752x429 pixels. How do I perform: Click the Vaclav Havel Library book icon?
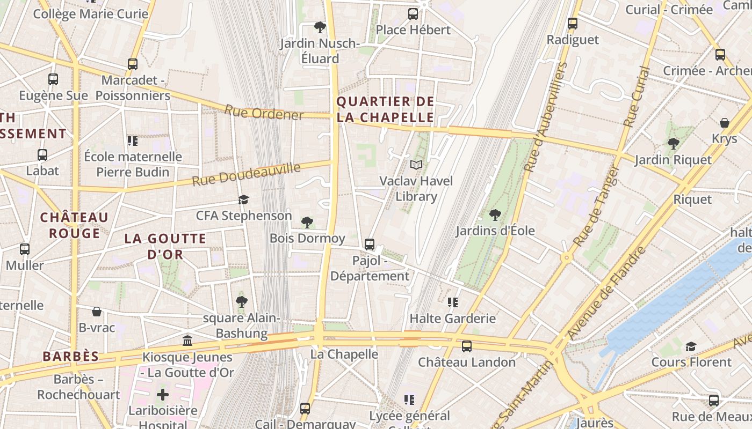pyautogui.click(x=416, y=165)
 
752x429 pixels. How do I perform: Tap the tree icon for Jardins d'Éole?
pyautogui.click(x=495, y=215)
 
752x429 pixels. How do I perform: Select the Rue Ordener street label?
pyautogui.click(x=264, y=113)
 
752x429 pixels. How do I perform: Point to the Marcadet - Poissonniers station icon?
pyautogui.click(x=133, y=64)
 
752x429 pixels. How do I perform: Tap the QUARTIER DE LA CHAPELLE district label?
pyautogui.click(x=385, y=109)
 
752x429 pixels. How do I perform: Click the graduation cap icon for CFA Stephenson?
pyautogui.click(x=244, y=199)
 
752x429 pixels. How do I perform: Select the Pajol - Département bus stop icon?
pyautogui.click(x=370, y=245)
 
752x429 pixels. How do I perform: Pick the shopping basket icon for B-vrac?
pyautogui.click(x=97, y=312)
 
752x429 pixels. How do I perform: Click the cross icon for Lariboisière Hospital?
pyautogui.click(x=162, y=395)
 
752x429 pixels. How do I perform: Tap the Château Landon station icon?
pyautogui.click(x=467, y=346)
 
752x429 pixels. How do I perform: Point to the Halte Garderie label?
pyautogui.click(x=452, y=319)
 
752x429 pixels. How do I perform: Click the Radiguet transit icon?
pyautogui.click(x=573, y=24)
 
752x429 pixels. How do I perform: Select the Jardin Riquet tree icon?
pyautogui.click(x=673, y=143)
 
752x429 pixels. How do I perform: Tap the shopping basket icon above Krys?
pyautogui.click(x=724, y=123)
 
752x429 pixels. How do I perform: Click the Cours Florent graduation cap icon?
pyautogui.click(x=691, y=346)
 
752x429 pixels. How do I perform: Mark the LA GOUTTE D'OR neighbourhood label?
pyautogui.click(x=165, y=246)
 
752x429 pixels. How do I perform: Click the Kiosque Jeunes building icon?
pyautogui.click(x=187, y=341)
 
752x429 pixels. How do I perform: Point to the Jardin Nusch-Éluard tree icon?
pyautogui.click(x=320, y=27)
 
